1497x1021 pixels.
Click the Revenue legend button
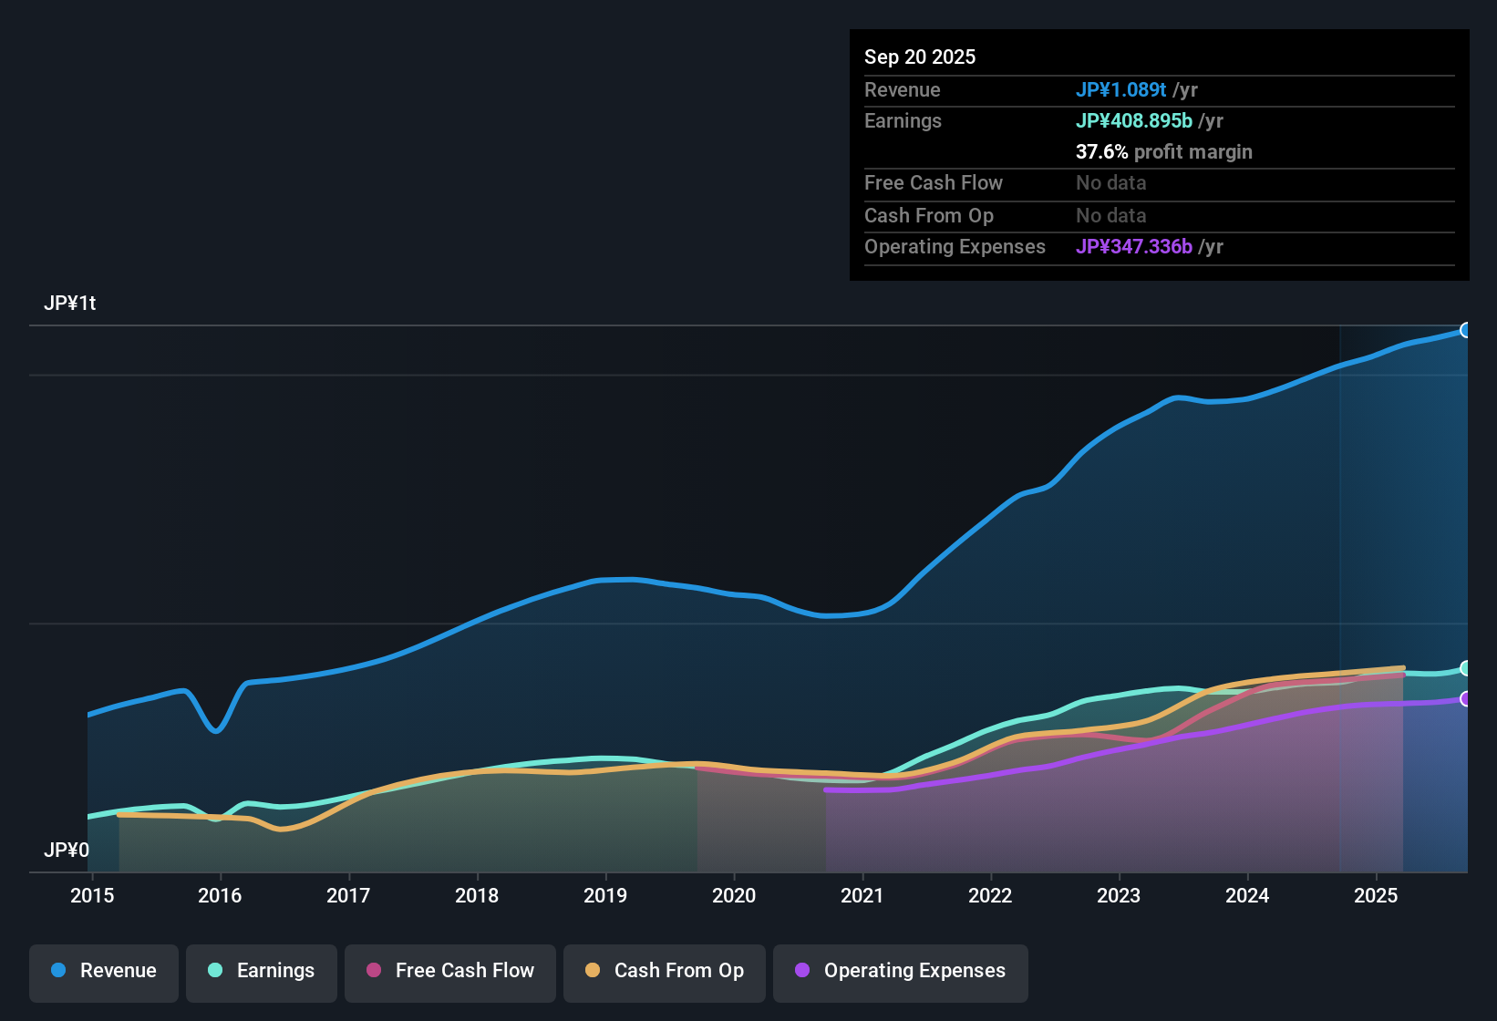[104, 971]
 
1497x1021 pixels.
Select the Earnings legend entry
[262, 971]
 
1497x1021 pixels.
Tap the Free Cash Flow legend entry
[450, 971]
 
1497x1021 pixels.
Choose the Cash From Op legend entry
[665, 971]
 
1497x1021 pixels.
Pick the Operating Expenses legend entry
[901, 971]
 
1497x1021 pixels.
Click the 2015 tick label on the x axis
[92, 895]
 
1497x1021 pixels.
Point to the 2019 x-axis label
[605, 895]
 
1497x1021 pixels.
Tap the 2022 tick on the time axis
[990, 895]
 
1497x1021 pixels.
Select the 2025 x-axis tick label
[1376, 895]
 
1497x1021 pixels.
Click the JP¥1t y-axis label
[70, 304]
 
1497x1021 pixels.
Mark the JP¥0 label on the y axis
[67, 851]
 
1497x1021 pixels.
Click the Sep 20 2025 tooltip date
[920, 57]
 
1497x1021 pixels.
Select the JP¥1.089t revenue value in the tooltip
[1120, 89]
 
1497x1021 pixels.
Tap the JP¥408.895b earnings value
[1133, 120]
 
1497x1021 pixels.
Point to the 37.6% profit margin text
[1163, 152]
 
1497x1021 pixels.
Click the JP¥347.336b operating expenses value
[1133, 247]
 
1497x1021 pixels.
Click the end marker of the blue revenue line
[1465, 330]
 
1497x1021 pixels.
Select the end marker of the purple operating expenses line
[1465, 699]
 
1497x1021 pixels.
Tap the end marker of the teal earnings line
[1465, 668]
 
